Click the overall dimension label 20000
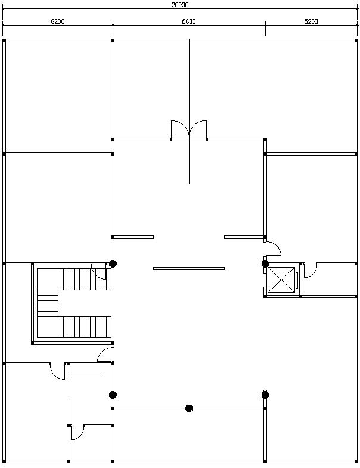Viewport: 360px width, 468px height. pyautogui.click(x=180, y=4)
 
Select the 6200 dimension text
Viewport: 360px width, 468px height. pyautogui.click(x=58, y=21)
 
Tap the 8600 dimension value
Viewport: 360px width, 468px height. pyautogui.click(x=189, y=21)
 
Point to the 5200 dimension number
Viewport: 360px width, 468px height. pyautogui.click(x=311, y=21)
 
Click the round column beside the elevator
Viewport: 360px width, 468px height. pyautogui.click(x=265, y=263)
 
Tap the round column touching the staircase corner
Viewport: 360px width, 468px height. pyautogui.click(x=113, y=263)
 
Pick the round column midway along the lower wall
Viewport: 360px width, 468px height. pyautogui.click(x=189, y=408)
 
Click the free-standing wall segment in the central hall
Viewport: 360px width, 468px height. pyautogui.click(x=189, y=268)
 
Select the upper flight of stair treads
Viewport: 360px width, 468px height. pyautogui.click(x=83, y=279)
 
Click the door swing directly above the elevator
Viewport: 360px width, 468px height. pyautogui.click(x=273, y=248)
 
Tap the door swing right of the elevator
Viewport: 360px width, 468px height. pyautogui.click(x=311, y=271)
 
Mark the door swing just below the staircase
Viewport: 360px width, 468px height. pyautogui.click(x=105, y=355)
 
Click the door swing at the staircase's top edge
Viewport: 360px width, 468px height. pyautogui.click(x=98, y=270)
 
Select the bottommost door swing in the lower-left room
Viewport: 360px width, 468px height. pyautogui.click(x=77, y=433)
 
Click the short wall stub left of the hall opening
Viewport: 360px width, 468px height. pyautogui.click(x=134, y=237)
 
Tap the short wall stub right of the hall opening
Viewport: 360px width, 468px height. pyautogui.click(x=244, y=237)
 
